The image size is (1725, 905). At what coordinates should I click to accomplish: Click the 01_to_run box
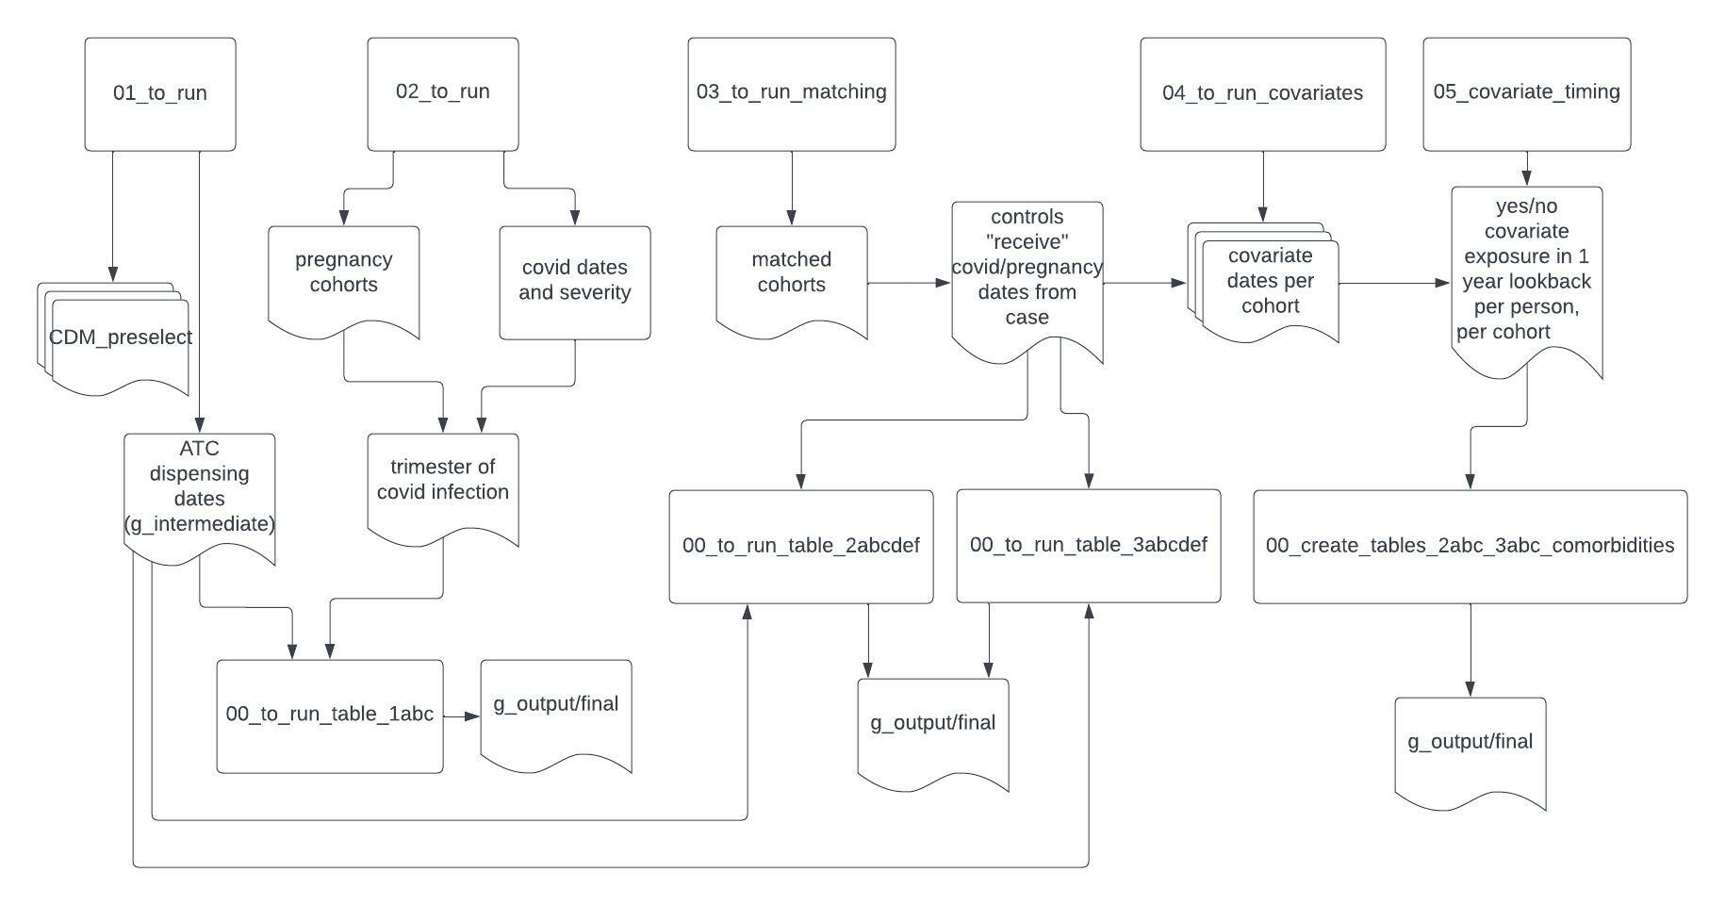pos(160,94)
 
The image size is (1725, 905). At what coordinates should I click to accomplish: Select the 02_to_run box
pos(443,94)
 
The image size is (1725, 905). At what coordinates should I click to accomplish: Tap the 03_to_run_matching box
pos(792,94)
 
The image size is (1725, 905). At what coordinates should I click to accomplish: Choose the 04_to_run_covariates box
pos(1263,94)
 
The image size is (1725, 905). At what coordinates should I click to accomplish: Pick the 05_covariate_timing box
pos(1527,94)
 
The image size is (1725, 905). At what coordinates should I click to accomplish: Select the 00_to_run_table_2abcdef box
pos(801,547)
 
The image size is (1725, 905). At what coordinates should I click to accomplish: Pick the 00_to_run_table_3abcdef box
pos(1089,547)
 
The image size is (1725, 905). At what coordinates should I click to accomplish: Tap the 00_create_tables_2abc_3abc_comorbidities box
pos(1470,547)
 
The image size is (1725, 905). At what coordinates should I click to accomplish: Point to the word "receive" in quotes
pos(1027,242)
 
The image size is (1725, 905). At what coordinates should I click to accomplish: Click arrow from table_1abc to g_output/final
pos(462,716)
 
